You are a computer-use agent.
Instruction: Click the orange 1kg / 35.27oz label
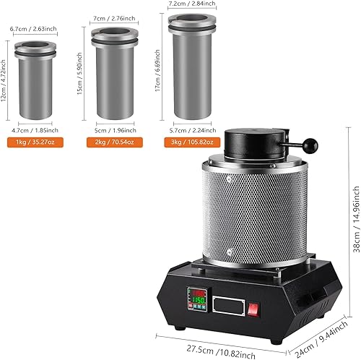tap(35, 142)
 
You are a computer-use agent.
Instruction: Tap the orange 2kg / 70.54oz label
tap(115, 142)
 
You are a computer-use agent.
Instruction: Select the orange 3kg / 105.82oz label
tap(192, 142)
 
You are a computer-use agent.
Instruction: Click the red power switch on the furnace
tap(253, 309)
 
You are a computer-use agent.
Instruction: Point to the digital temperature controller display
tap(197, 299)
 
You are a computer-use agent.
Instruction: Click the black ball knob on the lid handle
tap(310, 146)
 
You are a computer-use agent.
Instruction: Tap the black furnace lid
tap(256, 143)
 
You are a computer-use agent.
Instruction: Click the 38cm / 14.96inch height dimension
tap(357, 219)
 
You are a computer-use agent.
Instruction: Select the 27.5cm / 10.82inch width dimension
tap(221, 352)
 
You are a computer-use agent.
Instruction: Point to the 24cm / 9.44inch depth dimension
tap(321, 339)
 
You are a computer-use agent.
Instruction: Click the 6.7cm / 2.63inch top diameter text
tap(33, 29)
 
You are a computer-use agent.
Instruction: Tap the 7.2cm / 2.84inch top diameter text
tap(192, 4)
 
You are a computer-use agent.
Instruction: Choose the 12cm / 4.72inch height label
tap(3, 81)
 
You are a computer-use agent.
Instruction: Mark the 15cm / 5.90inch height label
tap(79, 74)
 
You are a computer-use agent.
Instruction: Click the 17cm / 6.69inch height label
tap(157, 70)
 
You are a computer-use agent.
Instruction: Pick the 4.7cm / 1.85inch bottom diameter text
tap(35, 130)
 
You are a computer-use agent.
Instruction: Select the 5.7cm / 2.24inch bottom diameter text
tap(193, 130)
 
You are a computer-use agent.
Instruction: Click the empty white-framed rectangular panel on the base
tap(229, 306)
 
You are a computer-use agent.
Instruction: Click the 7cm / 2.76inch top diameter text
tap(114, 18)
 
